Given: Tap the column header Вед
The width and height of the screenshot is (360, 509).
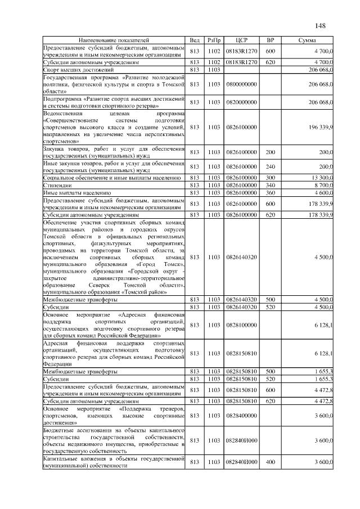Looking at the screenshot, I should pyautogui.click(x=195, y=41).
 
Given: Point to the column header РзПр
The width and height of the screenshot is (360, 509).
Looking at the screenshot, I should pyautogui.click(x=214, y=41).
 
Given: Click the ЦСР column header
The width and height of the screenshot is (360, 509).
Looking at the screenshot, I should pyautogui.click(x=241, y=41).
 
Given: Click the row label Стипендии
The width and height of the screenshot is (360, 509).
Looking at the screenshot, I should pyautogui.click(x=57, y=185).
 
